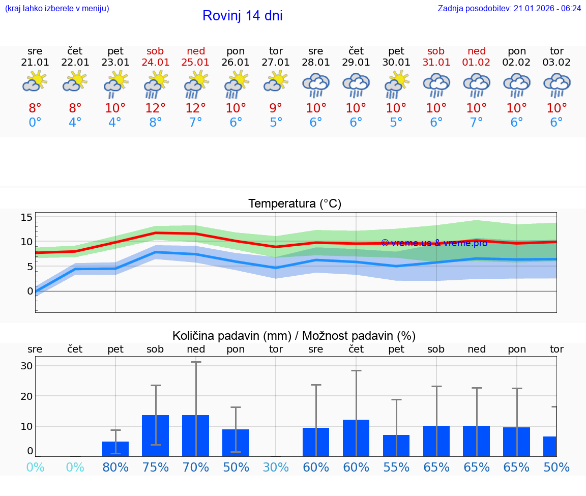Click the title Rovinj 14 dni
(242, 16)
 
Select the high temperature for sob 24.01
(155, 108)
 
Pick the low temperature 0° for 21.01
(35, 123)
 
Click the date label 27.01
(276, 62)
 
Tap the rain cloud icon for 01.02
(477, 85)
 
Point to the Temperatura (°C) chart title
(295, 203)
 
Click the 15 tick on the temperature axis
(26, 217)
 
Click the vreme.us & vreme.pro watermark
(434, 243)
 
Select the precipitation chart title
(294, 336)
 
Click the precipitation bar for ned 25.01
(196, 435)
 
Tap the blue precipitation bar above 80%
(115, 449)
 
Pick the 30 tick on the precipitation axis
(26, 366)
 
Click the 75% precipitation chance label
(155, 467)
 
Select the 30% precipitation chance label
(276, 467)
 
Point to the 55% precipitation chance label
(396, 467)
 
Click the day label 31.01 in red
(436, 62)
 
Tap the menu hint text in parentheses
(56, 8)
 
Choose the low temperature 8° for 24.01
(155, 123)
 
